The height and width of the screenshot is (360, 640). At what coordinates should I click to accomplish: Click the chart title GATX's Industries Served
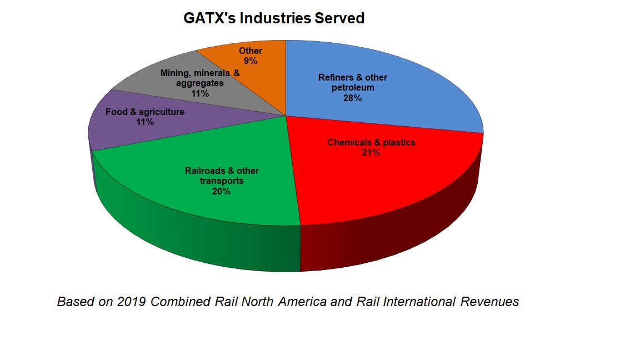coord(274,18)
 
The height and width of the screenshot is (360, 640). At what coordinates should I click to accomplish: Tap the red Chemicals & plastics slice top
coord(389,178)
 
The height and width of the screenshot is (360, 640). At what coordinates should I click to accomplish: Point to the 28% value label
coord(352,98)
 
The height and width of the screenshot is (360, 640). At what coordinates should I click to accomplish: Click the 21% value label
coord(371,153)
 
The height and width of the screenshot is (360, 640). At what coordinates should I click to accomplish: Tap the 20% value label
coord(222,192)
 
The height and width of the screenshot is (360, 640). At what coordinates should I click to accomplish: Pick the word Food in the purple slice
coord(116,112)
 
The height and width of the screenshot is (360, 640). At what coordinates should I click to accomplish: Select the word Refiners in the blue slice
coord(335,78)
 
